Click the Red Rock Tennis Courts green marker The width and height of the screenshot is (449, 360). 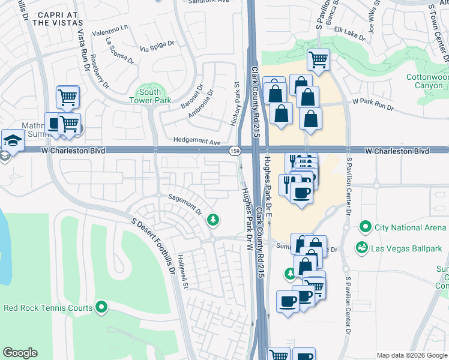101,308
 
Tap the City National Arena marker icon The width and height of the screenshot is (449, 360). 365,227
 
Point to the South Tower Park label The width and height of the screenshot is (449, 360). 149,96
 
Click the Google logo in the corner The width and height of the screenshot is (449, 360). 20,353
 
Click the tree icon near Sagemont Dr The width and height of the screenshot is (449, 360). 212,220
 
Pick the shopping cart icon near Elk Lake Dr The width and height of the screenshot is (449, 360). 318,59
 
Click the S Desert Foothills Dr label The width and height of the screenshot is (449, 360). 154,246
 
